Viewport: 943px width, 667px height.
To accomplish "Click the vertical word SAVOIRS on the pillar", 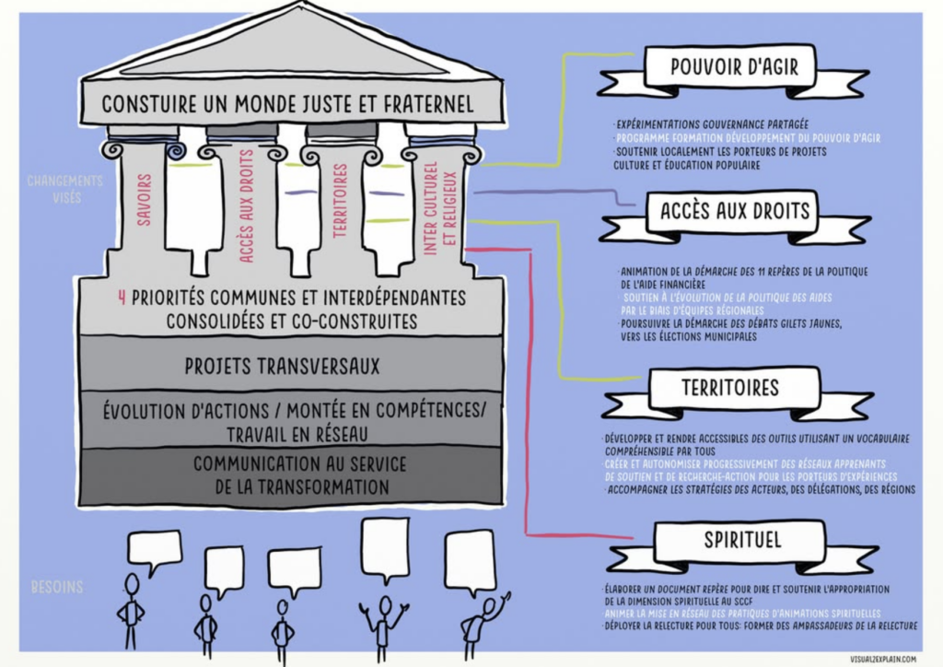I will [x=145, y=199].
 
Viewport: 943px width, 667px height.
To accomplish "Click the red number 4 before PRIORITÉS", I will [x=122, y=298].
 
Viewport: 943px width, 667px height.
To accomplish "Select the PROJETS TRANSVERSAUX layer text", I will [x=282, y=367].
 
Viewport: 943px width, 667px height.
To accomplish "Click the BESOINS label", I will [x=57, y=587].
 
